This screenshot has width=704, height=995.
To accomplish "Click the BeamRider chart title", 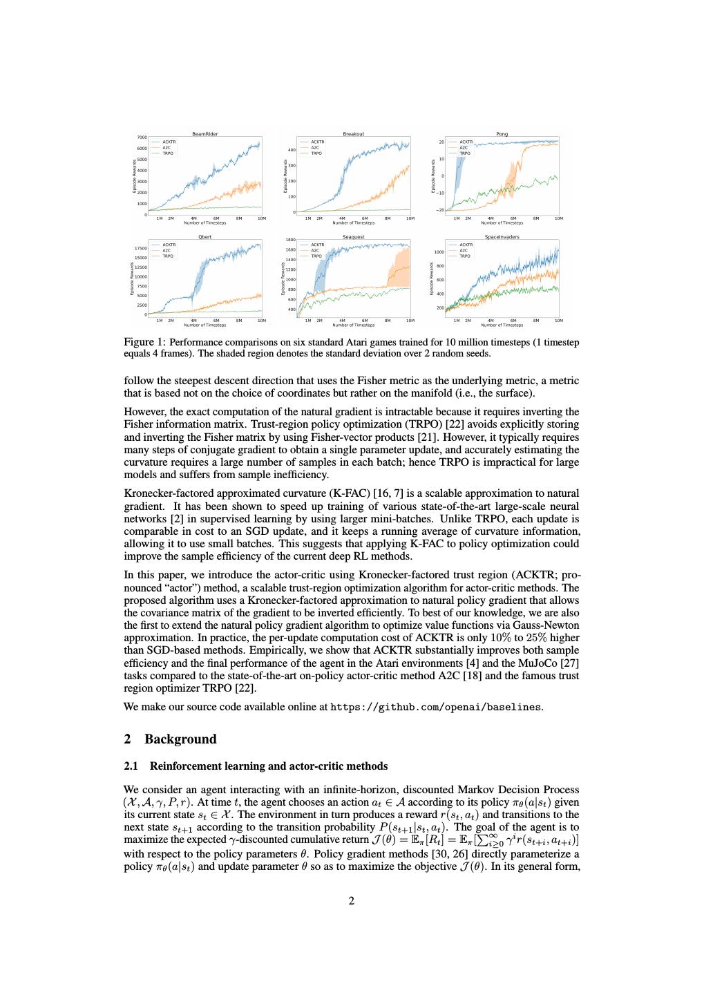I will (204, 134).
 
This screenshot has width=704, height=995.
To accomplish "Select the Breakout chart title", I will (353, 134).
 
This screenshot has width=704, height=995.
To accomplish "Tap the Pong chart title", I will (502, 134).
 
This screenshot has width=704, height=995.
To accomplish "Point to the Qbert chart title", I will (204, 237).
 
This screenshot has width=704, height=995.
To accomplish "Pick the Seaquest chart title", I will (353, 237).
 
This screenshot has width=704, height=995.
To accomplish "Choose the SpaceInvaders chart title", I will (502, 237).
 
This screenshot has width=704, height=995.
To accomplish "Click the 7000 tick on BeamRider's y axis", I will (141, 138).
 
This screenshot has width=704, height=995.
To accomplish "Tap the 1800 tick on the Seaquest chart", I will (290, 240).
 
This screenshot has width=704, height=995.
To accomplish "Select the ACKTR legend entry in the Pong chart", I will (466, 142).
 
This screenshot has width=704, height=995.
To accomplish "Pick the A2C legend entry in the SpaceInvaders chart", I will (464, 250).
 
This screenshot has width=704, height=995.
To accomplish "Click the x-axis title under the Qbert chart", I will (204, 325).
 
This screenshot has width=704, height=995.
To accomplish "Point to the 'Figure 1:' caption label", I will (144, 342).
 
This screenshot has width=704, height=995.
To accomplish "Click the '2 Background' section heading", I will (170, 739).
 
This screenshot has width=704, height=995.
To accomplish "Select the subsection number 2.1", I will (131, 766).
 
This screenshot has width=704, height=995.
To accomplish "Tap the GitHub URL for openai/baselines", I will (436, 707).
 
